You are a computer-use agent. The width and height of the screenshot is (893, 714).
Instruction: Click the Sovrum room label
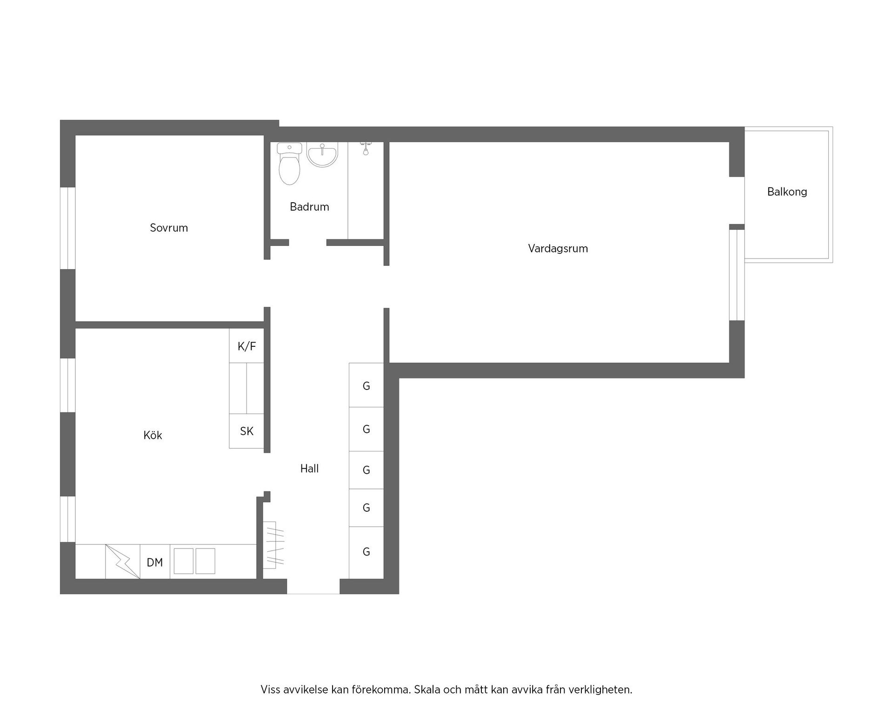click(x=169, y=228)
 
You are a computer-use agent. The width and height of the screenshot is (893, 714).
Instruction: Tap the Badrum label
click(x=309, y=207)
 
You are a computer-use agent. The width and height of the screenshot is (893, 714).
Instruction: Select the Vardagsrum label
click(x=558, y=249)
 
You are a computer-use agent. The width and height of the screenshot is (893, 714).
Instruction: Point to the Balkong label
click(x=787, y=192)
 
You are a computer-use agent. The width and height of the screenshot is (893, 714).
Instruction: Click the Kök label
click(x=153, y=436)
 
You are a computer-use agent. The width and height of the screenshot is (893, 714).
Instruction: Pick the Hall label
click(x=309, y=469)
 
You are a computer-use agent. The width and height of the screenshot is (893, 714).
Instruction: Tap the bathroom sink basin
click(x=322, y=155)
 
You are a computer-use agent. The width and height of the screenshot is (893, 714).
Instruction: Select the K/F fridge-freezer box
click(x=247, y=346)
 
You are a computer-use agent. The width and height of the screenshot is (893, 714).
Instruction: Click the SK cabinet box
click(x=247, y=431)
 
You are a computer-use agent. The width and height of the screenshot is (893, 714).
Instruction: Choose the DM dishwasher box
click(x=155, y=562)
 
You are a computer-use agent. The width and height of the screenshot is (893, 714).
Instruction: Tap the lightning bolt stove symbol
click(x=123, y=562)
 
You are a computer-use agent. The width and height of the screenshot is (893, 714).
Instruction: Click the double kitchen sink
click(x=194, y=561)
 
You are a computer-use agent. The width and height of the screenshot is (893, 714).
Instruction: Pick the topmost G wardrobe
click(x=367, y=385)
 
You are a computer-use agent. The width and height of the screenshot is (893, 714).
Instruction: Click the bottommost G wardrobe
click(x=367, y=552)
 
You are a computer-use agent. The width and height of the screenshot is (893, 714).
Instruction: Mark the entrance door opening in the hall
click(x=313, y=587)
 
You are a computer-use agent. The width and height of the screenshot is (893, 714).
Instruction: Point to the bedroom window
click(x=68, y=228)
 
